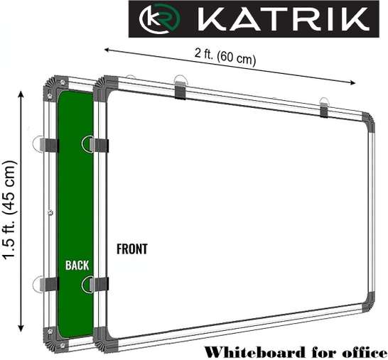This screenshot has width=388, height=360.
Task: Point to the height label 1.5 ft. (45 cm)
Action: pos(10,209)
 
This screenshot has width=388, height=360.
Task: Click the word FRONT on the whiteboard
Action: pos(132,249)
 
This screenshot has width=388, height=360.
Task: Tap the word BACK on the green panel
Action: pos(77,265)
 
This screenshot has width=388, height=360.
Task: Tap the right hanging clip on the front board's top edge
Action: pos(324,107)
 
